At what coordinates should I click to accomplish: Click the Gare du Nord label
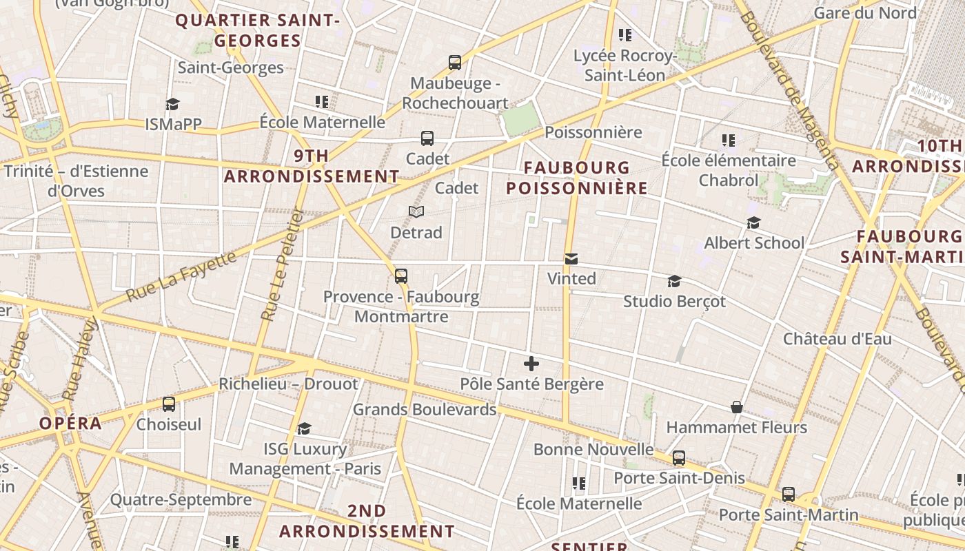(x=865, y=13)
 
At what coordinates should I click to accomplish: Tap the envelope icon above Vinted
(x=571, y=259)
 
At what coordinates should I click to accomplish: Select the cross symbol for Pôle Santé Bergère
(x=531, y=364)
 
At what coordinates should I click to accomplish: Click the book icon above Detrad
(x=416, y=211)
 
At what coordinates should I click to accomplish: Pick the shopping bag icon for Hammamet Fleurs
(x=737, y=407)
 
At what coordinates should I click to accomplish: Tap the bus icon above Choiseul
(x=169, y=404)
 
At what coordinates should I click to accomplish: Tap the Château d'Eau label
(x=837, y=339)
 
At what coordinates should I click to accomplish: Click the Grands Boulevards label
(x=425, y=410)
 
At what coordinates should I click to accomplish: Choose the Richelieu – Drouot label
(x=288, y=384)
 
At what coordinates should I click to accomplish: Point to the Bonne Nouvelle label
(x=593, y=450)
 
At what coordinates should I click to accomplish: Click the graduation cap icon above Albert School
(x=753, y=223)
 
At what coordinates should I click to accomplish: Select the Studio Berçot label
(x=674, y=302)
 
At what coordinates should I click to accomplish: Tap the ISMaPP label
(x=173, y=124)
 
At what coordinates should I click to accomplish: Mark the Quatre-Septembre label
(x=181, y=500)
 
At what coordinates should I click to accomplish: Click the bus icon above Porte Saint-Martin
(x=789, y=495)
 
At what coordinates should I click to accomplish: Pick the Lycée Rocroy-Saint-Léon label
(x=624, y=65)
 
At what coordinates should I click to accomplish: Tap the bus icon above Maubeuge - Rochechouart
(x=455, y=63)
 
